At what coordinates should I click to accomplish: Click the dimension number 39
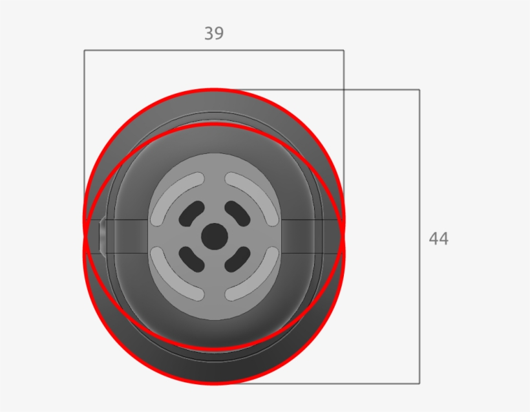coord(214,34)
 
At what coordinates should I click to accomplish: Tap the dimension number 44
coord(438,239)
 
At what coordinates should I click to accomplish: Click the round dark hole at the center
coord(214,237)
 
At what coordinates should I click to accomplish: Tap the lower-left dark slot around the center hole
coord(191,259)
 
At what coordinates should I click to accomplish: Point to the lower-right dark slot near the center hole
coord(237,259)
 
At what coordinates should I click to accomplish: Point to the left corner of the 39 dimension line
coord(84,50)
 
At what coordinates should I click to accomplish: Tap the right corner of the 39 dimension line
coord(343,50)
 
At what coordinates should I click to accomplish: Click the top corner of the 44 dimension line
coord(419,90)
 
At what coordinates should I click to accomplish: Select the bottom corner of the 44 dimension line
coord(419,384)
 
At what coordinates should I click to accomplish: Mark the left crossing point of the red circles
coord(85,237)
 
